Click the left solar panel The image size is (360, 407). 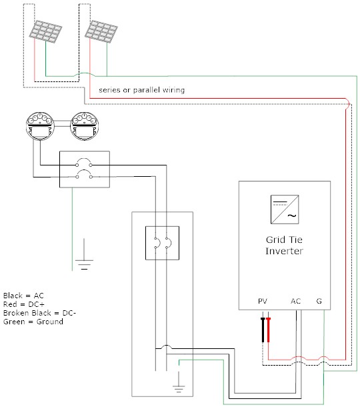tap(45, 31)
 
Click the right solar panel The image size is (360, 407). tap(101, 31)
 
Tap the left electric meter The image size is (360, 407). tap(40, 126)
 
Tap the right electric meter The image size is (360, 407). tap(84, 126)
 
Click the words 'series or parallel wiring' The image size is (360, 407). tap(141, 90)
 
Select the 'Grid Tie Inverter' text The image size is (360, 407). tap(284, 246)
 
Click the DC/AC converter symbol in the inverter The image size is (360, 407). tap(285, 210)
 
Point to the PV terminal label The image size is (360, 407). tap(263, 301)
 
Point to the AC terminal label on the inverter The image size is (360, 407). tap(296, 301)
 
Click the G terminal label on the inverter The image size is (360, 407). tap(319, 301)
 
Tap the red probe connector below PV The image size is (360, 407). tap(269, 330)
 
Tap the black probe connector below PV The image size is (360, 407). tap(263, 330)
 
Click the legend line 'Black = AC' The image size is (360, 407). tap(23, 296)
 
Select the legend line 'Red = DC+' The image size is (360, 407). tap(23, 304)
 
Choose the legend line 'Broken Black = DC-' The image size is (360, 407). tap(39, 313)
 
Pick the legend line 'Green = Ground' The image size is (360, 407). tap(33, 322)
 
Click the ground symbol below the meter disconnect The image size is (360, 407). tap(84, 260)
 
